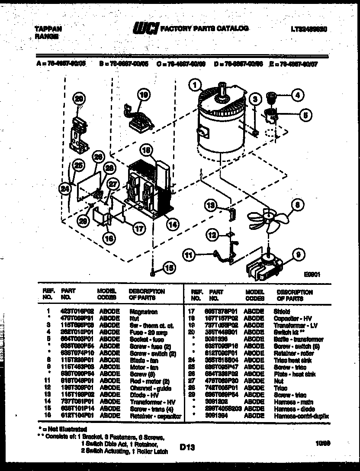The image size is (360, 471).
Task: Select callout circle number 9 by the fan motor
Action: pos(298,255)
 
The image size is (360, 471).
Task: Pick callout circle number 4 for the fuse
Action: pos(297,94)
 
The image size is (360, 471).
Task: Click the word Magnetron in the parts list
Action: pos(143,311)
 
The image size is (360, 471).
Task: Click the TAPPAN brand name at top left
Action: pos(48,29)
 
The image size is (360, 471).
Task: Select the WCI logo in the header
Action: pos(146,29)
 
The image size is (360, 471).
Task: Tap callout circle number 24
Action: pos(65,188)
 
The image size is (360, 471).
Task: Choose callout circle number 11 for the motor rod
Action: pos(189,255)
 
